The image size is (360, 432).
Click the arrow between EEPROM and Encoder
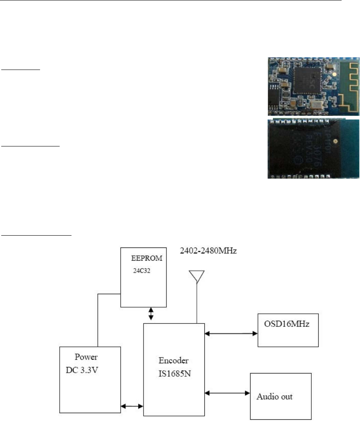[x=151, y=314]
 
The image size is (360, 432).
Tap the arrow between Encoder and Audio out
[x=227, y=393]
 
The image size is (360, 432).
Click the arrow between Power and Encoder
[x=132, y=406]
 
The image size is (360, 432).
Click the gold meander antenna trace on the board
[x=347, y=88]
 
